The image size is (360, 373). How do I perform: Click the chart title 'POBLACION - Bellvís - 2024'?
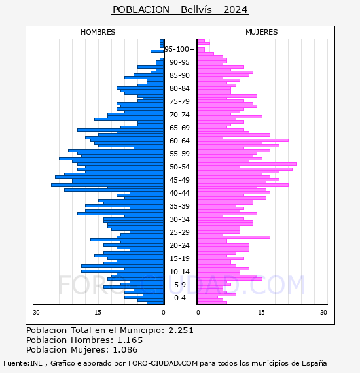point(180,10)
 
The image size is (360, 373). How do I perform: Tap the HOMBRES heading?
point(98,32)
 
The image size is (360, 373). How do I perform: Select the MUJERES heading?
point(262,32)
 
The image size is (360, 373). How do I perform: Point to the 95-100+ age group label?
point(179,49)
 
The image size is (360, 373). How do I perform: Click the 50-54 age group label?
point(179,167)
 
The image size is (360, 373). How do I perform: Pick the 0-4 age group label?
point(179,298)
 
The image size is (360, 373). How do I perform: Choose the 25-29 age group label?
point(179,232)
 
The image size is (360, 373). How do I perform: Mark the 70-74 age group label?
point(179,115)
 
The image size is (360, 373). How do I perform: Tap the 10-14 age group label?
point(179,272)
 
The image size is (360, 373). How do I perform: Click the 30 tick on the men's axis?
point(36,313)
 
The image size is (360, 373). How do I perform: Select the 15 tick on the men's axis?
point(98,313)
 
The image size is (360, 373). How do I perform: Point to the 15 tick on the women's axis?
point(262,313)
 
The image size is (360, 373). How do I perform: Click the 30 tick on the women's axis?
point(323,313)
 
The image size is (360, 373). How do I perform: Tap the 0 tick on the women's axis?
point(198,313)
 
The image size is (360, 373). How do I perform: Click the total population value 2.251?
point(181,330)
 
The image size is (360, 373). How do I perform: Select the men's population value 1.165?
point(130,340)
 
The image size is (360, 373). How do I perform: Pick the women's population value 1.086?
point(125,350)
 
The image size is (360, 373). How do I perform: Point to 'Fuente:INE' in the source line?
point(23,363)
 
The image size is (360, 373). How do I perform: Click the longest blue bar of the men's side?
point(107,185)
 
